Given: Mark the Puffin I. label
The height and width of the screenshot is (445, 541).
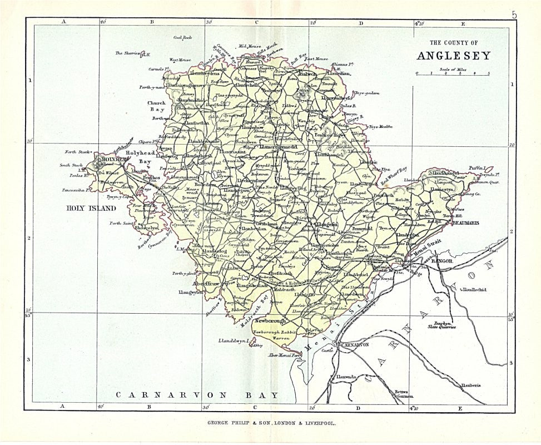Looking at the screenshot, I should (478, 167).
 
